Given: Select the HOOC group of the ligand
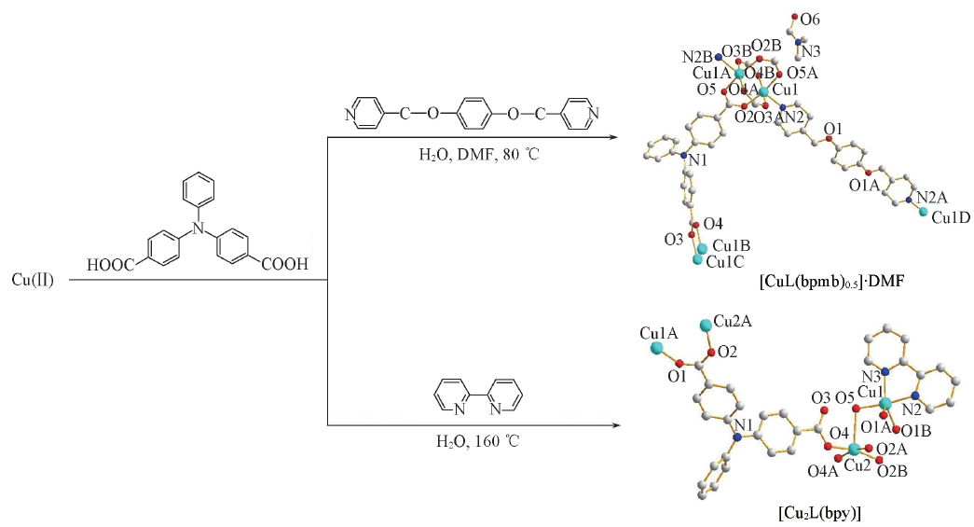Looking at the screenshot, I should point(112,265).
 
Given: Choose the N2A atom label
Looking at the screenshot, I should point(933,198).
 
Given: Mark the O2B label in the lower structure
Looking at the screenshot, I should point(894,471).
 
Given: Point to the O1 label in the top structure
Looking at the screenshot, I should point(832,128).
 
